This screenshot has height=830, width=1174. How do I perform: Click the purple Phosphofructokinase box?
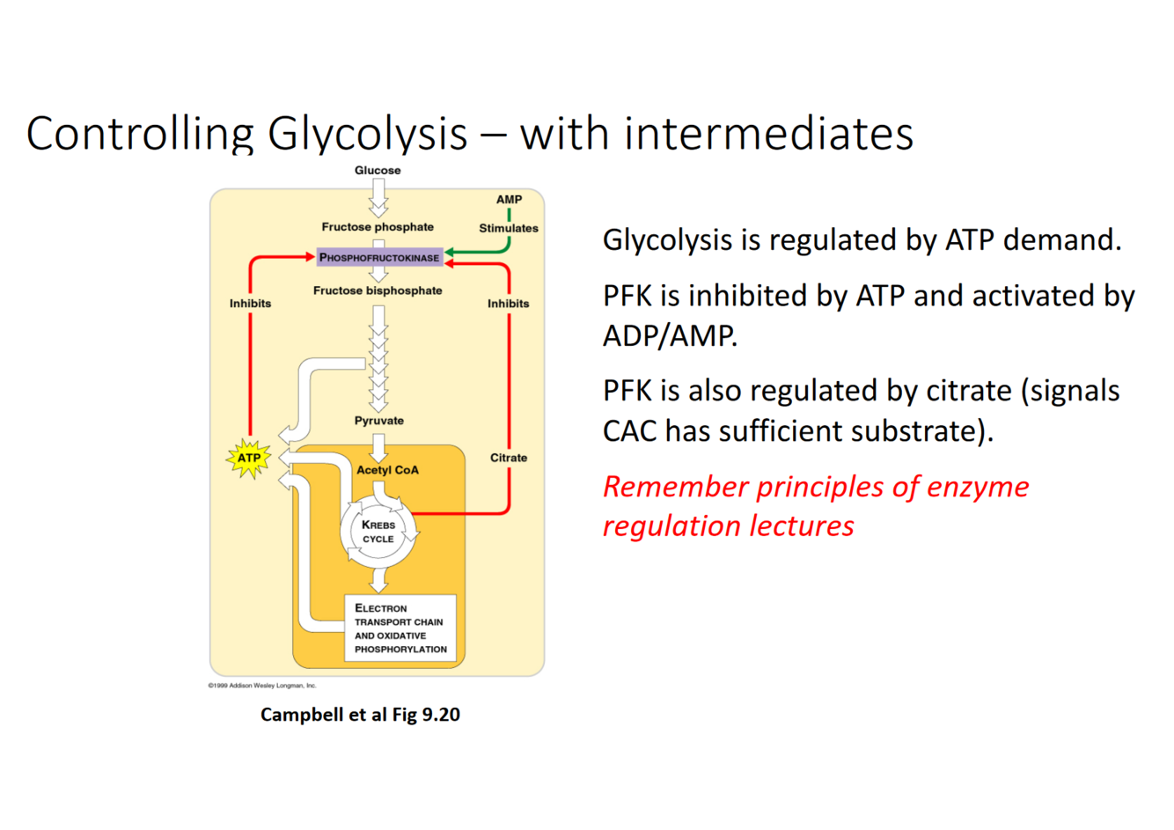click(x=379, y=257)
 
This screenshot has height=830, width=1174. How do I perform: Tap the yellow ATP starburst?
click(x=249, y=458)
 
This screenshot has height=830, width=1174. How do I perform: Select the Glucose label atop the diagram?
click(x=378, y=171)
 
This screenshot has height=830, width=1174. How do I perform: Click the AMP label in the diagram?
click(x=509, y=200)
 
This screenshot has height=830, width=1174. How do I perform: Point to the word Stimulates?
click(x=509, y=228)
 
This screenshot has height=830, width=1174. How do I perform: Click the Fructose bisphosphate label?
click(x=378, y=290)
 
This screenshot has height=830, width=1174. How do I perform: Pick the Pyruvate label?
click(x=378, y=421)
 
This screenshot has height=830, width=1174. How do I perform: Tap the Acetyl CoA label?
click(x=387, y=470)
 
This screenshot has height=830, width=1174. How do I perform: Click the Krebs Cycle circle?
click(x=378, y=532)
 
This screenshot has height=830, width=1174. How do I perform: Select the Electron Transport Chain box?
click(x=400, y=628)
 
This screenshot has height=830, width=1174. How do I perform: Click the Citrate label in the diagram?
click(x=509, y=458)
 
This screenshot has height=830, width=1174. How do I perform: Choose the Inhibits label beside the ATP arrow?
click(x=251, y=304)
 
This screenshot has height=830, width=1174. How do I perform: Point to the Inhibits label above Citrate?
click(x=509, y=304)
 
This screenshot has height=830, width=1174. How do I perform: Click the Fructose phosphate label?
click(x=378, y=227)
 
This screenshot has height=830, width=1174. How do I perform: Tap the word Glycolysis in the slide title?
click(x=368, y=134)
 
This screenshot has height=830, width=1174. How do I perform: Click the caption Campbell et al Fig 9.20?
click(x=360, y=715)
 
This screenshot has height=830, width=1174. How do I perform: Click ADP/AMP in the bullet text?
click(x=670, y=335)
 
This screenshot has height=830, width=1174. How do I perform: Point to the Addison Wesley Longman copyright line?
click(x=262, y=686)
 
